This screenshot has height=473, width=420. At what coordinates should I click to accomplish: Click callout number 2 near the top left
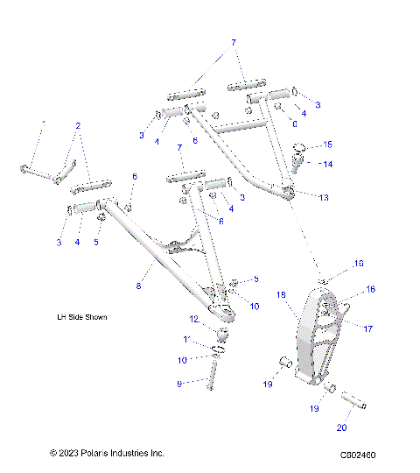pos(80,125)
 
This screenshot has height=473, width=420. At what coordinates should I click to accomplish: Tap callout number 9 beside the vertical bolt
pos(179,383)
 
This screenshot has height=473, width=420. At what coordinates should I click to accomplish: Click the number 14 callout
pos(327,164)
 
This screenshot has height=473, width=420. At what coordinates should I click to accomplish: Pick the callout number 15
pos(327,144)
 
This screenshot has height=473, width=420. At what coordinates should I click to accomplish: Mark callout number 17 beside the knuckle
pos(368,328)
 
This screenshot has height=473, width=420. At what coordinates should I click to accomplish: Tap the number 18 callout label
pos(282,295)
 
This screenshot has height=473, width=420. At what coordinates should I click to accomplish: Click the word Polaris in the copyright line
pos(96,453)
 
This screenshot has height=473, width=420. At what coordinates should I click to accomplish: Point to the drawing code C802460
pos(357,455)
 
